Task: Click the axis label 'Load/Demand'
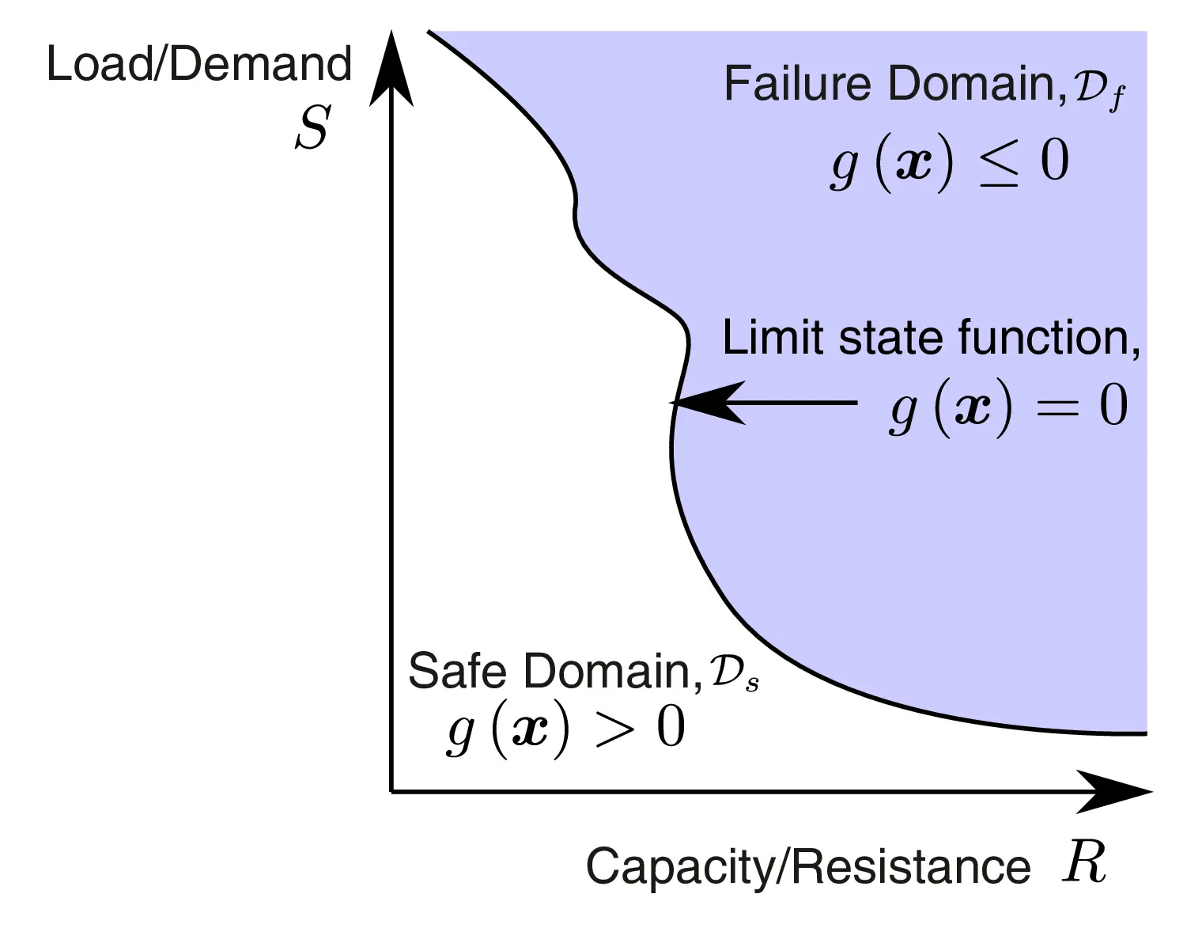[x=198, y=65]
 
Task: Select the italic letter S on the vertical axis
[x=312, y=128]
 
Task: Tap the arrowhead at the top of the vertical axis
[x=391, y=71]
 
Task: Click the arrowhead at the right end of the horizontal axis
[x=1115, y=790]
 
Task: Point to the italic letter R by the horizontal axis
[x=1084, y=862]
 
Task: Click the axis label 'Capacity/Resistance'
[x=808, y=867]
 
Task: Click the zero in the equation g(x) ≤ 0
[x=1055, y=161]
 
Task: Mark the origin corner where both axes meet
[x=391, y=790]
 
